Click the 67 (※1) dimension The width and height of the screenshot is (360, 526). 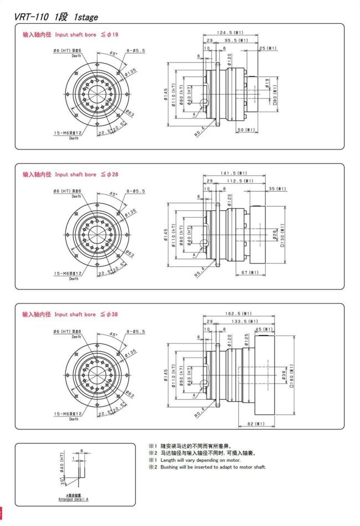tap(250, 272)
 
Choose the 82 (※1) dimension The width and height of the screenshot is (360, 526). tap(255, 424)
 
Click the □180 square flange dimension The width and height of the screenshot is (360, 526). tap(290, 376)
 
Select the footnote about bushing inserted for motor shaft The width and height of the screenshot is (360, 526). tap(213, 467)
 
